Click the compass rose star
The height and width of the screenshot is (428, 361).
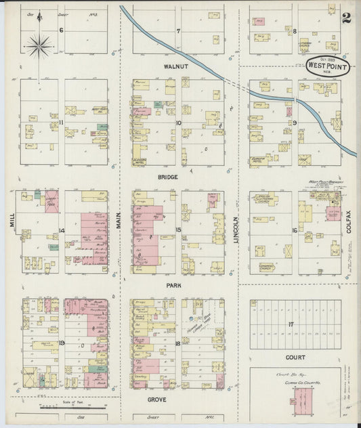pyautogui.click(x=39, y=45)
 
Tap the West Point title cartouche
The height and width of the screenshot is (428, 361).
pyautogui.click(x=328, y=66)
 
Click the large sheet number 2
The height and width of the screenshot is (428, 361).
pyautogui.click(x=346, y=18)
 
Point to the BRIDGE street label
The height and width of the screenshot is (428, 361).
pyautogui.click(x=168, y=177)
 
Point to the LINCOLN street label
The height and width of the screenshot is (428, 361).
pyautogui.click(x=236, y=231)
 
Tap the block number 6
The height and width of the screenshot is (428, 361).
pyautogui.click(x=62, y=30)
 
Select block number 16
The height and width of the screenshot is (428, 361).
pyautogui.click(x=294, y=231)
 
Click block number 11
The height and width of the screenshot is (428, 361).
pyautogui.click(x=62, y=122)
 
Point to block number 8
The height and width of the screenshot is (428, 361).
pyautogui.click(x=295, y=30)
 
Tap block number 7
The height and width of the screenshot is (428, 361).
pyautogui.click(x=178, y=31)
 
